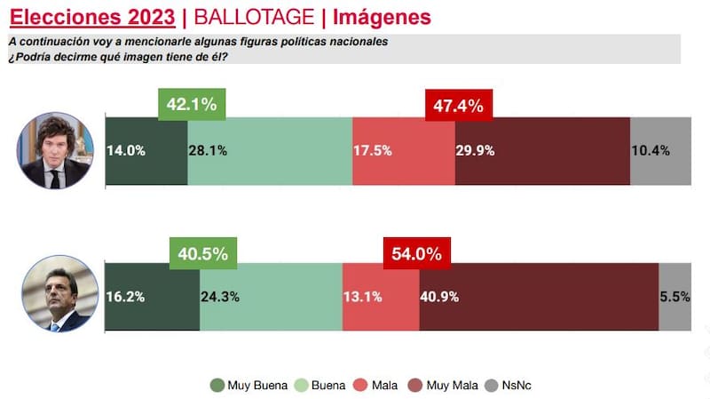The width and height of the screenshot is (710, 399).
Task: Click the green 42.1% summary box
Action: tap(192, 105)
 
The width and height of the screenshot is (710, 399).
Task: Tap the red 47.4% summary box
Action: tap(458, 106)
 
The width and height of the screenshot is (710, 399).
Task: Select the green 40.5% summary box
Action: tap(203, 253)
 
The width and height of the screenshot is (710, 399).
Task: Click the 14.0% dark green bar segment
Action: tap(146, 150)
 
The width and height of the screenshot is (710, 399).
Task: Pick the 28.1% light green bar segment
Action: tap(270, 150)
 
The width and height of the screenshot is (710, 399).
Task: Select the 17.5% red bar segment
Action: tap(404, 150)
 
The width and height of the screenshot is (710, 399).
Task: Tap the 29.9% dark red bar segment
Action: tap(542, 150)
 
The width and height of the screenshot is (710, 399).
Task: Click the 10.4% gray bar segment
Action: tap(659, 150)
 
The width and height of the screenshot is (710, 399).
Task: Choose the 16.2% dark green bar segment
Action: tap(152, 297)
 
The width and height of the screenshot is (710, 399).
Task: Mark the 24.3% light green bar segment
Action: tap(271, 297)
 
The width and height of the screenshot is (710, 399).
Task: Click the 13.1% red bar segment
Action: tap(380, 297)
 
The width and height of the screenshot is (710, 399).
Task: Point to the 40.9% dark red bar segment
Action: tap(539, 297)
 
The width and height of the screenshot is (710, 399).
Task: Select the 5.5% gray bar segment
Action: tap(674, 297)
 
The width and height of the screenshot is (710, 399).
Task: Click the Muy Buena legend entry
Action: tap(249, 385)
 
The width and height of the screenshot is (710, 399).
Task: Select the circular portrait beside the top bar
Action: tap(55, 150)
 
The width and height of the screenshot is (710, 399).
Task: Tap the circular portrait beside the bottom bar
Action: tap(55, 294)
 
